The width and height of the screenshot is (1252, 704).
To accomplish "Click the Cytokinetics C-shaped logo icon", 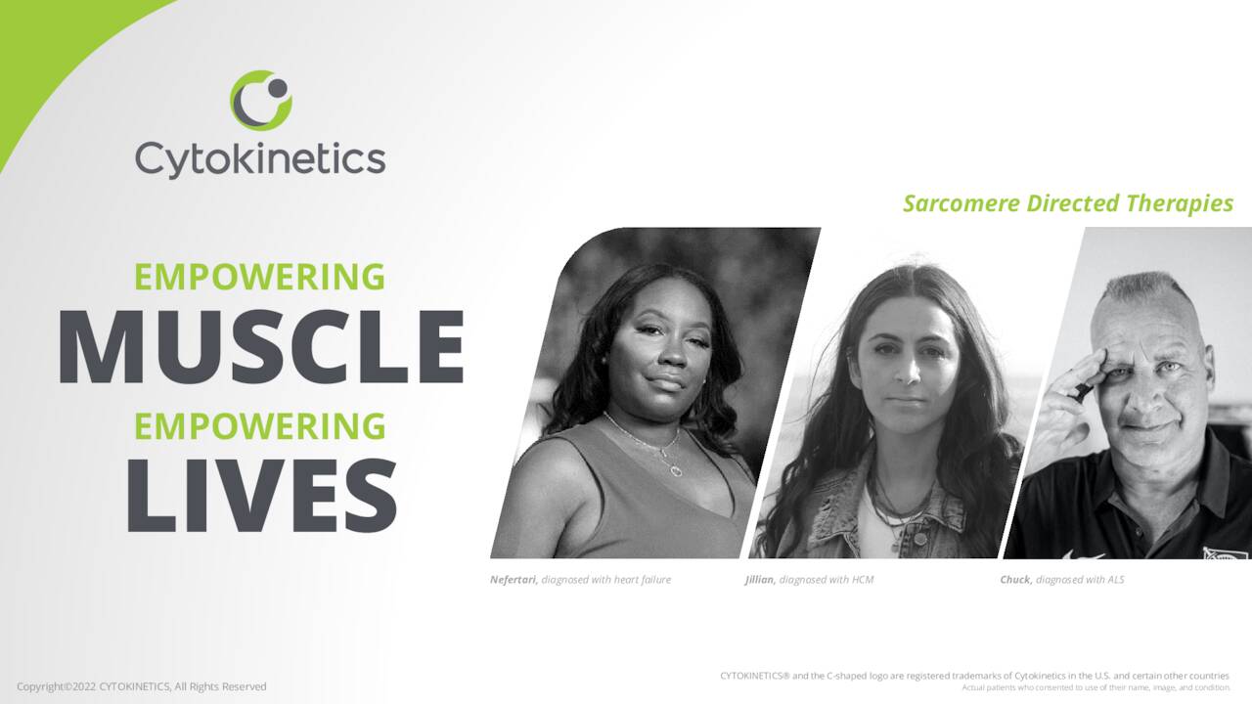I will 261,100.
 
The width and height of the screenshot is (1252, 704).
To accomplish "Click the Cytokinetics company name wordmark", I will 260,158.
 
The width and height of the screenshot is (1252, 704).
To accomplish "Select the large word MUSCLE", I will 260,347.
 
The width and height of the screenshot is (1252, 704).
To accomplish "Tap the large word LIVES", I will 260,494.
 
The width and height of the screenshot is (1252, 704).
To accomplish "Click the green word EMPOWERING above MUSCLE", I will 260,277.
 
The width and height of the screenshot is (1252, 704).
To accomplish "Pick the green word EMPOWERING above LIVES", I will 260,426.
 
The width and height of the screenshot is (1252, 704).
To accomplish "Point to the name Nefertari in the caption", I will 513,580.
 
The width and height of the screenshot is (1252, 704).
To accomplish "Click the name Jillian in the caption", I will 759,580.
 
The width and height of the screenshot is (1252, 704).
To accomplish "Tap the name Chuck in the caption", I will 1015,580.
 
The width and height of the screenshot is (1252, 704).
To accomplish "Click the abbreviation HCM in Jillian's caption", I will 862,580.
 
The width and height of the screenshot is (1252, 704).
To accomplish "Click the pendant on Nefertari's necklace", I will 675,469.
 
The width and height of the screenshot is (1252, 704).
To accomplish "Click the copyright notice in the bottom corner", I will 141,686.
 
